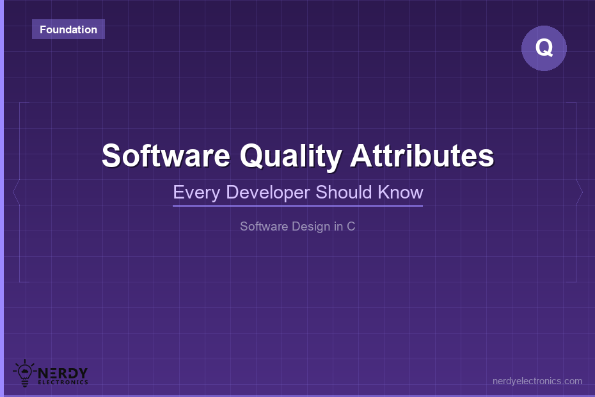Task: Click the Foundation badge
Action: pyautogui.click(x=68, y=29)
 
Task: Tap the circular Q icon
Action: pyautogui.click(x=544, y=48)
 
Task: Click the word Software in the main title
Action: pyautogui.click(x=166, y=156)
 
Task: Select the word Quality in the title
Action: pyautogui.click(x=291, y=156)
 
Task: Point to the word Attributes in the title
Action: pyautogui.click(x=422, y=156)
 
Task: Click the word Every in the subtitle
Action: pyautogui.click(x=196, y=193)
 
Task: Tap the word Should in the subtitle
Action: pyautogui.click(x=344, y=192)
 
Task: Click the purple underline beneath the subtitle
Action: pyautogui.click(x=298, y=206)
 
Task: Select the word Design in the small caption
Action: pyautogui.click(x=311, y=227)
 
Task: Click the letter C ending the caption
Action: pyautogui.click(x=351, y=227)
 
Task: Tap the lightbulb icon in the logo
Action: pyautogui.click(x=25, y=373)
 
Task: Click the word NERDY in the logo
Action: pyautogui.click(x=63, y=373)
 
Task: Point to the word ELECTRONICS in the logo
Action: pyautogui.click(x=63, y=382)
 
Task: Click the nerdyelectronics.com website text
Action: pyautogui.click(x=537, y=381)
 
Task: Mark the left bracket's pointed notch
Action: pyautogui.click(x=13, y=192)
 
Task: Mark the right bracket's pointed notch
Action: pyautogui.click(x=582, y=192)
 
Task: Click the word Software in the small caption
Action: pyautogui.click(x=264, y=227)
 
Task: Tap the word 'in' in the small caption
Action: pyautogui.click(x=338, y=227)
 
